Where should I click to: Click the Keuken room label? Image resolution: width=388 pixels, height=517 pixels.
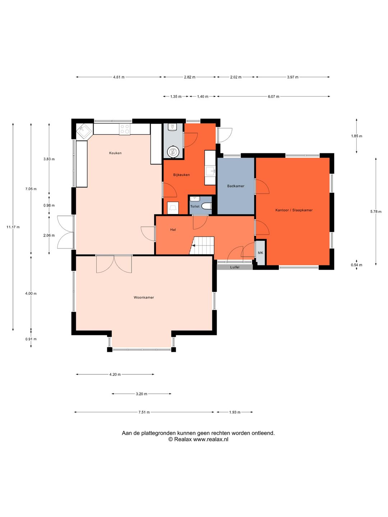[x=115, y=153]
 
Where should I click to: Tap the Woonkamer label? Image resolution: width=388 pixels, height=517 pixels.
[x=144, y=297]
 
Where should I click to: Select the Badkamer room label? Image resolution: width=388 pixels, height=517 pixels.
[x=236, y=186]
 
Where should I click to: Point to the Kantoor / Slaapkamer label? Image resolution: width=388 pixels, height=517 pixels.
[x=294, y=210]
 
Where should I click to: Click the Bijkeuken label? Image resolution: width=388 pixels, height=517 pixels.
[x=181, y=175]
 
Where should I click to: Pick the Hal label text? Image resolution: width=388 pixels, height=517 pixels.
[x=173, y=230]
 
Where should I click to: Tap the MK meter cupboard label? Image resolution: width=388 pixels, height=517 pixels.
[x=260, y=253]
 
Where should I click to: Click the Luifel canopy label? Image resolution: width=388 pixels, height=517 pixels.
[x=235, y=267]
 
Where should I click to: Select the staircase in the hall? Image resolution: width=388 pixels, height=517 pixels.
[x=202, y=246]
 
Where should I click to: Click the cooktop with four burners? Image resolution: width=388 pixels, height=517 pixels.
[x=124, y=129]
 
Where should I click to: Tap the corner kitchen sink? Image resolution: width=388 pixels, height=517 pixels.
[x=83, y=130]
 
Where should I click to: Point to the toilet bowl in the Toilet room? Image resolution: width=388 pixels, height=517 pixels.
[x=208, y=206]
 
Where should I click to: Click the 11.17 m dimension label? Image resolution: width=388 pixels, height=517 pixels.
[x=13, y=227]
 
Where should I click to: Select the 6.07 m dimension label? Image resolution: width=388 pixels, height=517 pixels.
[x=273, y=96]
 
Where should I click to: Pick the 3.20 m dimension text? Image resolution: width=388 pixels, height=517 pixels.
[x=141, y=394]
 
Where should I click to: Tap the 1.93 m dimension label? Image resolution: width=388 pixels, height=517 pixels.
[x=235, y=412]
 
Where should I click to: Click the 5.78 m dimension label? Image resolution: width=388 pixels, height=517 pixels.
[x=376, y=211]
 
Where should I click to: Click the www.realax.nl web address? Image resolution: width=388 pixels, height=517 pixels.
[x=211, y=439]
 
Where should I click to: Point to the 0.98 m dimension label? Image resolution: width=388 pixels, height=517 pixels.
[x=49, y=205]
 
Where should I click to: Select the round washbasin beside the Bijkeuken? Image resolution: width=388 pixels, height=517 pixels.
[x=174, y=152]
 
